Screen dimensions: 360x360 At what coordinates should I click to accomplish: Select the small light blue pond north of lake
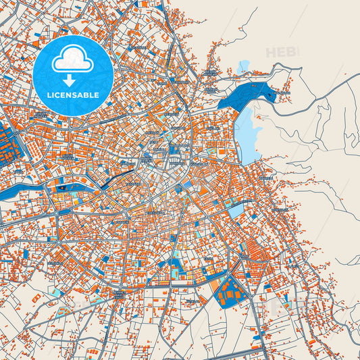click(243, 66)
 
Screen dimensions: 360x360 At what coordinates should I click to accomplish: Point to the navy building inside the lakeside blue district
click(271, 95)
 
